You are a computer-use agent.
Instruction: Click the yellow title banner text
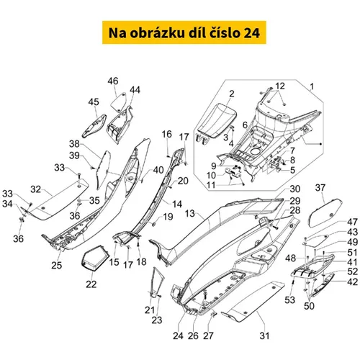click(184, 32)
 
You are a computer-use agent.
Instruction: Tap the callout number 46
click(113, 81)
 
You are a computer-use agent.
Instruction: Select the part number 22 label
click(91, 284)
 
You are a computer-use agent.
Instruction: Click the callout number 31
click(264, 336)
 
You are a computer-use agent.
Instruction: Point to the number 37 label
click(320, 187)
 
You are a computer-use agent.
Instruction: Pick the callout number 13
click(189, 213)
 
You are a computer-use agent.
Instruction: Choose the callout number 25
click(57, 265)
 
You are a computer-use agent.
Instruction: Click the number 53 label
click(289, 300)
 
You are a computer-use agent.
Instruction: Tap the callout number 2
click(232, 94)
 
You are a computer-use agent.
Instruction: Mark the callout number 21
click(150, 310)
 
